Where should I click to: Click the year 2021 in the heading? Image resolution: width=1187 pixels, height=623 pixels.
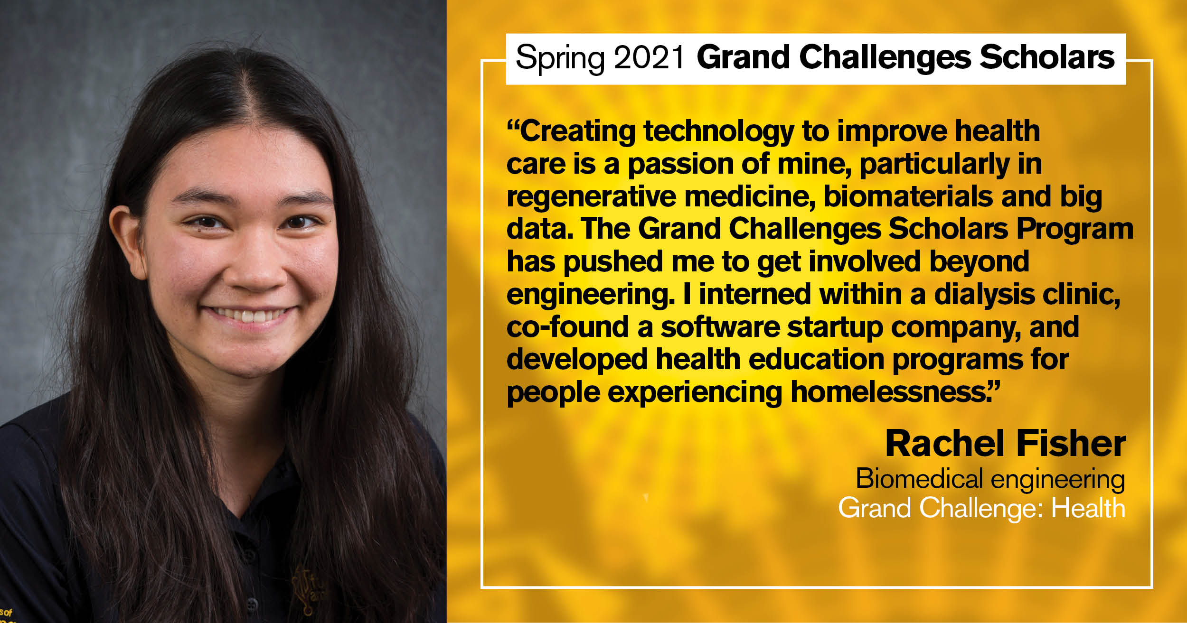pos(648,57)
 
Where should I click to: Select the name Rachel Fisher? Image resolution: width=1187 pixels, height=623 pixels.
pos(1006,444)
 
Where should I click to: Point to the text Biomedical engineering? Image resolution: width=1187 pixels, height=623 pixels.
pos(990,479)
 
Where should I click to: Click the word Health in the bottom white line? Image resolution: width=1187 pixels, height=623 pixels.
pos(1088,508)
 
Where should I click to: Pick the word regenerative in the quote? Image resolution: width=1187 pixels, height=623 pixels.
pos(591,197)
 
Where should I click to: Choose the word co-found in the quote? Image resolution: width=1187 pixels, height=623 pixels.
pos(568,327)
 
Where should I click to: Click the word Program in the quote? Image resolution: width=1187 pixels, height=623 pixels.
pos(1075,230)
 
